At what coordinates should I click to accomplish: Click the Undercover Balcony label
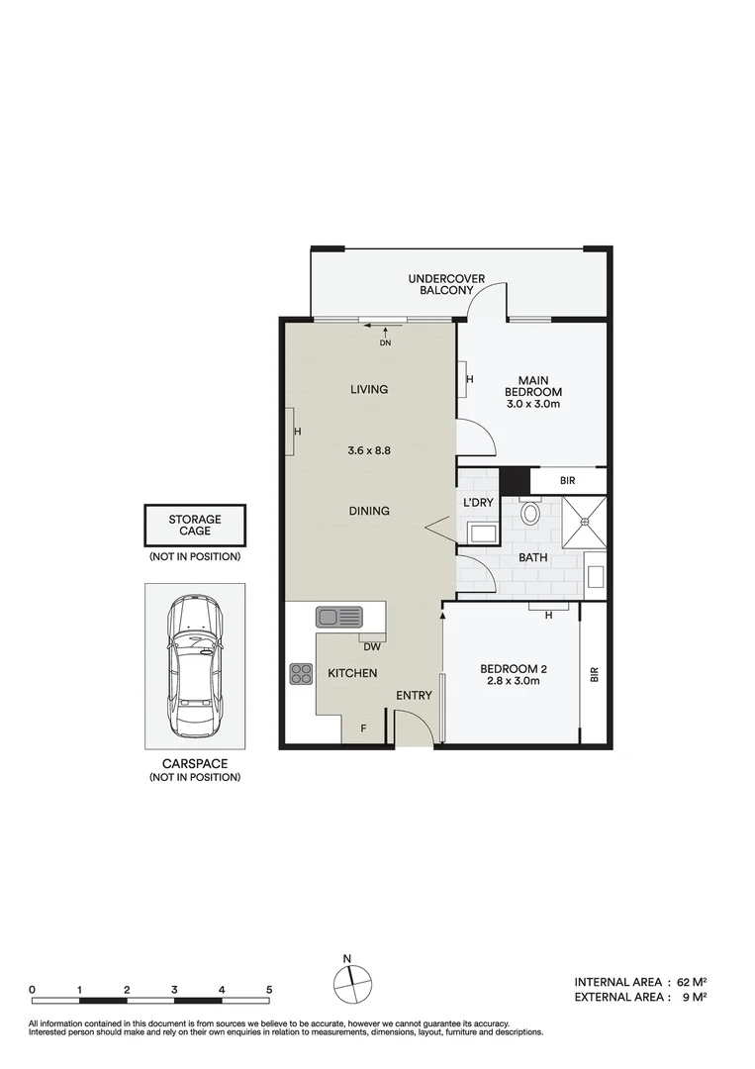[446, 285]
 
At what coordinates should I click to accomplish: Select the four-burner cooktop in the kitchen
[301, 674]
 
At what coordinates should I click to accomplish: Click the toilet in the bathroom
[530, 514]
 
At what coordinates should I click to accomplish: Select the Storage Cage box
[194, 525]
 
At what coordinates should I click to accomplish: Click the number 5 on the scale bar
[268, 989]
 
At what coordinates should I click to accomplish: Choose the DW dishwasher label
[372, 647]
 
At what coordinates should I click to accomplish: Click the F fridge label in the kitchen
[363, 729]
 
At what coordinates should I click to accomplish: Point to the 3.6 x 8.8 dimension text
[370, 450]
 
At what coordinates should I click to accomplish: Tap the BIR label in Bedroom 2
[595, 674]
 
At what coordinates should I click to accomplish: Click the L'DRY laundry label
[479, 503]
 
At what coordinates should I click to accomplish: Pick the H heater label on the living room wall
[296, 433]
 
